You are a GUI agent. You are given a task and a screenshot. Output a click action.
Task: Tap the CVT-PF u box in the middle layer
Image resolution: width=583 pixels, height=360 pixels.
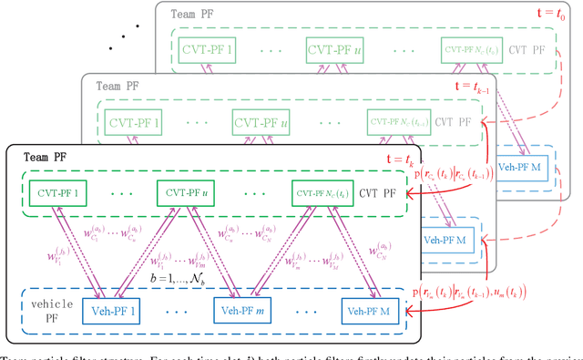261,120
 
